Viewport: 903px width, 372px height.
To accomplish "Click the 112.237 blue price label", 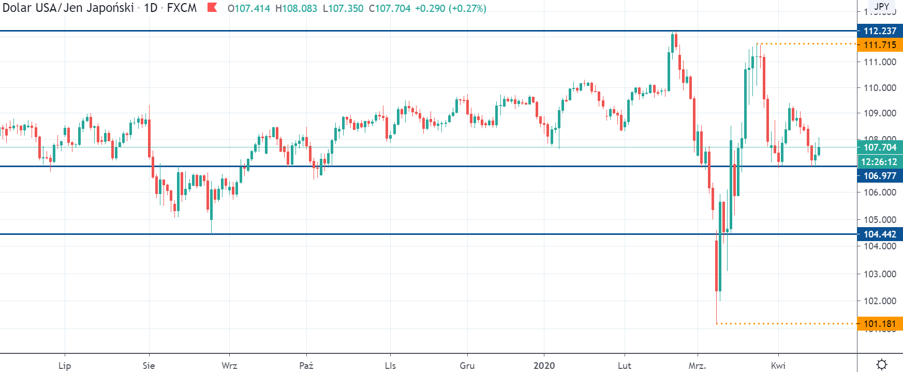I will tap(880, 31).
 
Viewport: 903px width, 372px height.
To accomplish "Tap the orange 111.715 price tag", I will tap(880, 45).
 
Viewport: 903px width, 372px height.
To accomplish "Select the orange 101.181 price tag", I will tap(880, 324).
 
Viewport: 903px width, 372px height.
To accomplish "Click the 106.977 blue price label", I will tap(880, 176).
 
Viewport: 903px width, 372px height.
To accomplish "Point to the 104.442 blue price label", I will tap(880, 234).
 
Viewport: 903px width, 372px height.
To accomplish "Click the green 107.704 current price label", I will tap(880, 147).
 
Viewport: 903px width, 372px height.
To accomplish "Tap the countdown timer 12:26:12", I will tap(880, 162).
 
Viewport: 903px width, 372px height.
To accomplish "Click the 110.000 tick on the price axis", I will tap(880, 88).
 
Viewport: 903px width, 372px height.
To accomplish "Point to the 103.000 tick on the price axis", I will tap(880, 274).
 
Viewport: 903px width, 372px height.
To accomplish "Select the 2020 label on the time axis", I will tap(544, 366).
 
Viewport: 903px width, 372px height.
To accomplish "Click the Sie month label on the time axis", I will tap(149, 366).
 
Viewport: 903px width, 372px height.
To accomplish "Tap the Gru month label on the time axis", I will tap(467, 366).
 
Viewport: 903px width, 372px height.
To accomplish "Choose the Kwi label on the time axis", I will tap(778, 366).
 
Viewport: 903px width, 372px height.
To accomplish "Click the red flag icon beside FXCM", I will tap(212, 8).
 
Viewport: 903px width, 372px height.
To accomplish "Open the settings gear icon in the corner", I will tap(882, 365).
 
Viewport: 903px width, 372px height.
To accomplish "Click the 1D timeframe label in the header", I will tap(151, 8).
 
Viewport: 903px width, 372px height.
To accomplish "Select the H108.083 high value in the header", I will tap(296, 9).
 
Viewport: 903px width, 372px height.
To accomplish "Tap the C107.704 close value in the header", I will tap(389, 9).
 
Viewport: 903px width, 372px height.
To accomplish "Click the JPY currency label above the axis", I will tap(882, 7).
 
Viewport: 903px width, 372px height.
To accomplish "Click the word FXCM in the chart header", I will tap(182, 8).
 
